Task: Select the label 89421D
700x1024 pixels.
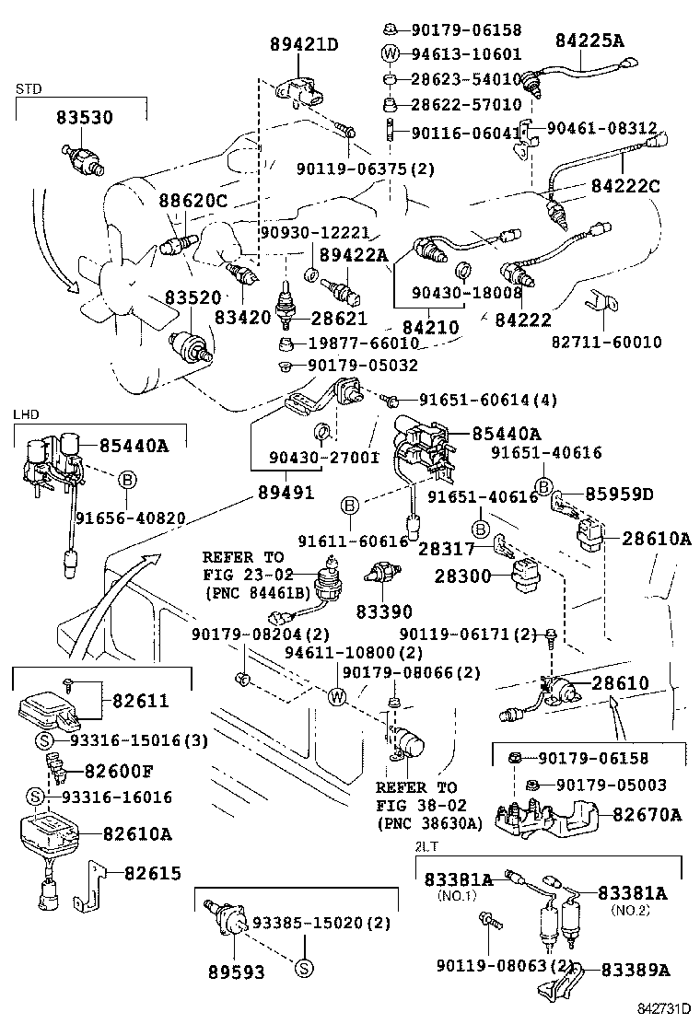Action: click(x=304, y=43)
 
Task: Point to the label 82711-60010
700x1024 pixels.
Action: click(x=606, y=343)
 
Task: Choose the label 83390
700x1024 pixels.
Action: click(x=384, y=611)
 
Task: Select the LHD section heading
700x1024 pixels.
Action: click(x=25, y=415)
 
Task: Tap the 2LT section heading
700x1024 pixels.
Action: click(x=426, y=845)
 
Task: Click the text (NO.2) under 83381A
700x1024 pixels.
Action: click(x=630, y=910)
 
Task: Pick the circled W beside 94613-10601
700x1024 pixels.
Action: click(x=390, y=53)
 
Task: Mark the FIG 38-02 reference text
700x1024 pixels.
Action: click(x=416, y=806)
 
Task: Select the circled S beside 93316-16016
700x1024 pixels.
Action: click(x=34, y=797)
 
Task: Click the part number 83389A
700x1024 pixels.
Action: click(x=636, y=970)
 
